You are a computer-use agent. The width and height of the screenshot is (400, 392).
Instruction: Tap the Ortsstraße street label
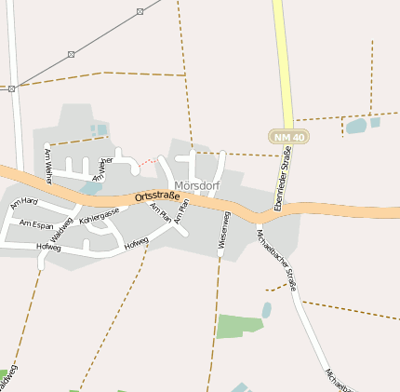(x=156, y=196)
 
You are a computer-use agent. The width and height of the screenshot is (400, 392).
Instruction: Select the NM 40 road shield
(x=288, y=137)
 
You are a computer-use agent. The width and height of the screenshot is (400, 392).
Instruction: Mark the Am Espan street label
(x=37, y=225)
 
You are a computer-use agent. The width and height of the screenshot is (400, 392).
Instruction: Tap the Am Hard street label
(x=24, y=201)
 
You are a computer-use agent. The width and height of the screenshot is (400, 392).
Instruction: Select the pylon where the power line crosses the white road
(x=12, y=89)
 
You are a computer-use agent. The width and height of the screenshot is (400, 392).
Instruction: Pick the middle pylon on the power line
(x=71, y=54)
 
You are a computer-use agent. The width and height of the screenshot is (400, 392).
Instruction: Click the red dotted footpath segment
(x=146, y=162)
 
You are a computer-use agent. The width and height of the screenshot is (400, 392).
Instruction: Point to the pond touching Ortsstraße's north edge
(x=90, y=188)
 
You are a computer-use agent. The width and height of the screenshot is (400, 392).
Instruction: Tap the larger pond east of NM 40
(x=355, y=126)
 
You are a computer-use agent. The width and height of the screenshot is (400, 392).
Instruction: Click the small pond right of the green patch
(x=267, y=309)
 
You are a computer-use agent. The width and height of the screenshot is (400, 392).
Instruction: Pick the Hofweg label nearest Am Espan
(x=48, y=247)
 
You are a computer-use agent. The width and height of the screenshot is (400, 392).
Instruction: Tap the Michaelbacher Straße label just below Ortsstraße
(x=276, y=259)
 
